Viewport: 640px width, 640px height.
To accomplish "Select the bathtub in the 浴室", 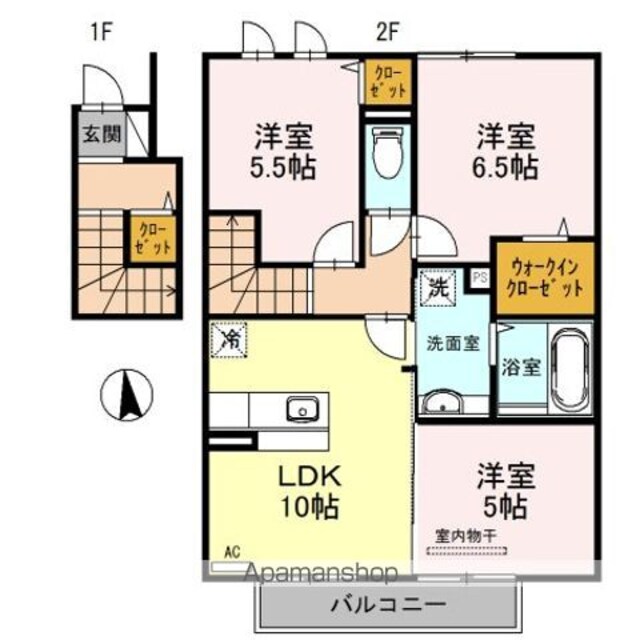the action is [571, 369].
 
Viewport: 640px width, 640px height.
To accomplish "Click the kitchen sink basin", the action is [302, 409].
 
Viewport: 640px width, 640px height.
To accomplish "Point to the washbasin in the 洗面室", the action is [442, 404].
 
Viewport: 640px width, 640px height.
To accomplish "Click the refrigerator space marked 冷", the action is [229, 340].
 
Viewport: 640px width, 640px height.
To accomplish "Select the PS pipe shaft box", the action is [480, 278].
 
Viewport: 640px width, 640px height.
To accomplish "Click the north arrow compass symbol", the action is [127, 394].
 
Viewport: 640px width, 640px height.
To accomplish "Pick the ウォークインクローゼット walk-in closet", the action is [545, 278].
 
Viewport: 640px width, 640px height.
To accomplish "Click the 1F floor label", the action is [101, 32].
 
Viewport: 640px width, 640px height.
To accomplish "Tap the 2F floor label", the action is [387, 32].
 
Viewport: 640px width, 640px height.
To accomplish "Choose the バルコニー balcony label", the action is [387, 604].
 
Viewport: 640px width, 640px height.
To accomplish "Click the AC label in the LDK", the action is [232, 553].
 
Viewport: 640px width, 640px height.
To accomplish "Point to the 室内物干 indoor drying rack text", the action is [465, 536].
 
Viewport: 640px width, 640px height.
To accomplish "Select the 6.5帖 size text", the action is [505, 167].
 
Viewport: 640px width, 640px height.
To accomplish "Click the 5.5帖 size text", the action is [283, 167].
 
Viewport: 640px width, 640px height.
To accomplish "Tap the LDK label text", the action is [309, 476].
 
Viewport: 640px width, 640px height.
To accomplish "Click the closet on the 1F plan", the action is [153, 239].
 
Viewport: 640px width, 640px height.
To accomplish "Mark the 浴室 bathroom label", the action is [521, 367].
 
